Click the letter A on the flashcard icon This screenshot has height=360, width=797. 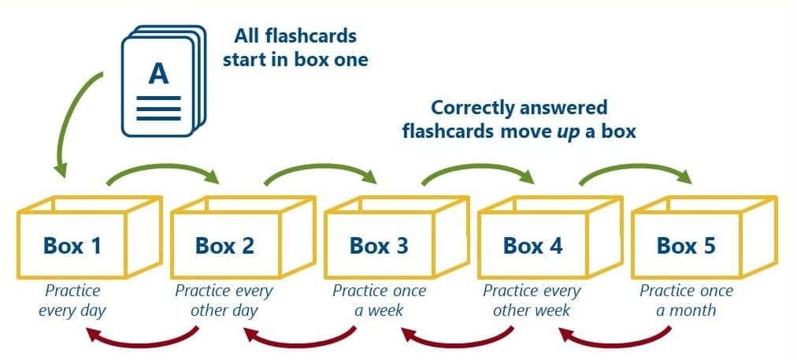pyautogui.click(x=158, y=73)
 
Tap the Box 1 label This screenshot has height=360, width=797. pyautogui.click(x=72, y=246)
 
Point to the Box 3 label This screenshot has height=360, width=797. pyautogui.click(x=379, y=246)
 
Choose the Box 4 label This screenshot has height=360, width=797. pyautogui.click(x=533, y=246)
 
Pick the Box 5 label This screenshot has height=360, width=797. pyautogui.click(x=687, y=246)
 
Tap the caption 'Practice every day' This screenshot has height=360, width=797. pyautogui.click(x=72, y=300)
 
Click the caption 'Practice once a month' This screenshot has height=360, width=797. pyautogui.click(x=686, y=300)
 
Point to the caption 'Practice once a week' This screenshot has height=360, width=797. pyautogui.click(x=379, y=300)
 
